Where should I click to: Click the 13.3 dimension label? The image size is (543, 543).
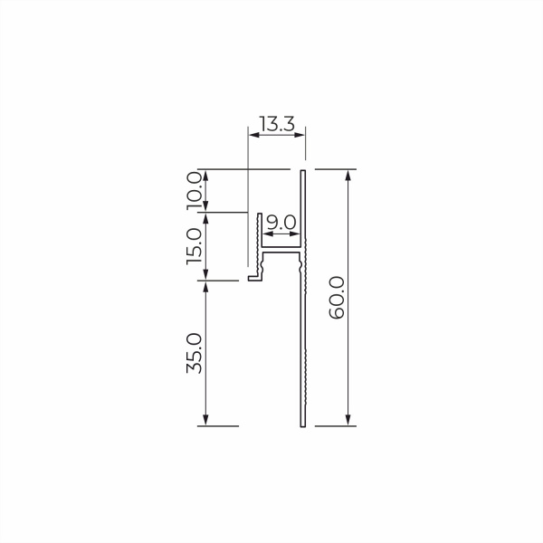pos(277,124)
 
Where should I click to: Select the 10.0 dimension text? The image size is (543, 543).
pos(195,191)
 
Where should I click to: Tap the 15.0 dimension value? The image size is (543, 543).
pos(195,246)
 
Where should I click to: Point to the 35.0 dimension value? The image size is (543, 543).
pos(195,353)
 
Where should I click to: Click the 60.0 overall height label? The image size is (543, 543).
pos(337,298)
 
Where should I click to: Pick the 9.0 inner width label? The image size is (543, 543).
pos(281,223)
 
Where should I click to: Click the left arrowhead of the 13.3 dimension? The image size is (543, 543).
pos(254,135)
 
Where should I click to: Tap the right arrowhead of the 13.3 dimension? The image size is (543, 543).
pos(300,135)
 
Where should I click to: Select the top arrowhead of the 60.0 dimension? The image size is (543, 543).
pos(348,176)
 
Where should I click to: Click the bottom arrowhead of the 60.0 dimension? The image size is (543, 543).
pos(348,420)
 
